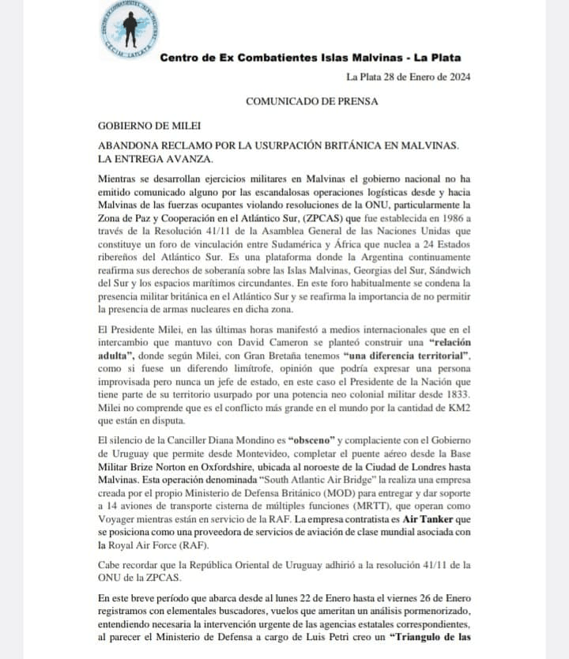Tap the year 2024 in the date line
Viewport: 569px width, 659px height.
[x=458, y=77]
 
